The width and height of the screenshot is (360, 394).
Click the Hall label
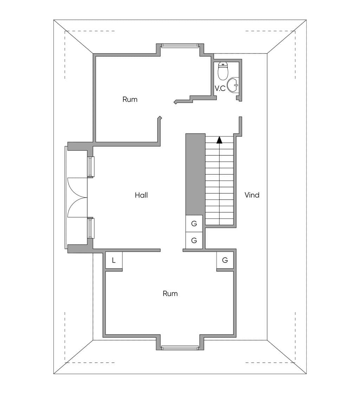141,195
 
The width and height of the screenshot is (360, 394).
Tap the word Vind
252,195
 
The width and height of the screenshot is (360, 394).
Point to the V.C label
220,89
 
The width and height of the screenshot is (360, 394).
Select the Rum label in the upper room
130,99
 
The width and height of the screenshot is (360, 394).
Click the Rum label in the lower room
170,293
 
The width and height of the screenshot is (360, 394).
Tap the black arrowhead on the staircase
219,140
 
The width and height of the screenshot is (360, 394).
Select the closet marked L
114,260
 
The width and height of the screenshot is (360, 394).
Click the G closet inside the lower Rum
225,260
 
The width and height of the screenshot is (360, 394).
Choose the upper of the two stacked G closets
194,224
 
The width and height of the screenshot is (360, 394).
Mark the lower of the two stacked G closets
194,240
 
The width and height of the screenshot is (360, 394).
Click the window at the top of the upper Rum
180,45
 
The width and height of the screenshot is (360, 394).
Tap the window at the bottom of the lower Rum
180,348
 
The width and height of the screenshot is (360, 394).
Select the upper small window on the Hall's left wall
91,167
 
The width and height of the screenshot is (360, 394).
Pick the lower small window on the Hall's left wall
91,228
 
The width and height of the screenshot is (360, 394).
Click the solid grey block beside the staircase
195,174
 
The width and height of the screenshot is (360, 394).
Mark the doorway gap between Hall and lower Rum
172,250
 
